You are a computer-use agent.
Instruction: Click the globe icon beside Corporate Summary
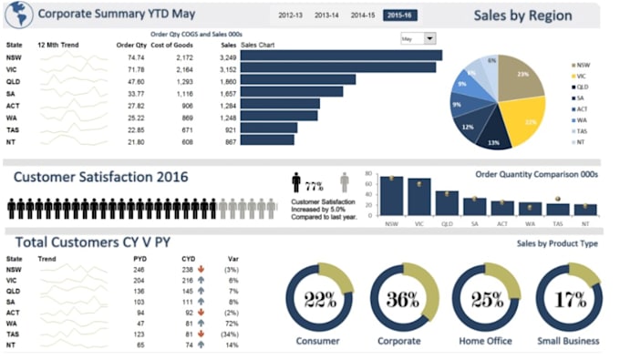tap(19, 15)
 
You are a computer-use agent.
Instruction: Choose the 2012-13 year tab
tap(291, 15)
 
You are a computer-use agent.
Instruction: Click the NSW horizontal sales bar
tap(341, 56)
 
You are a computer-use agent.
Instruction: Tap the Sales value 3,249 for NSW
tap(228, 57)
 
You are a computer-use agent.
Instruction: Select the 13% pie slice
tap(493, 137)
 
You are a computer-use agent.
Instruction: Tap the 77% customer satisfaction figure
tap(315, 185)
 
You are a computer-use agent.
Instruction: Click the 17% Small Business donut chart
tap(568, 300)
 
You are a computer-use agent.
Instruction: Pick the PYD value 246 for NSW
tap(139, 270)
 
